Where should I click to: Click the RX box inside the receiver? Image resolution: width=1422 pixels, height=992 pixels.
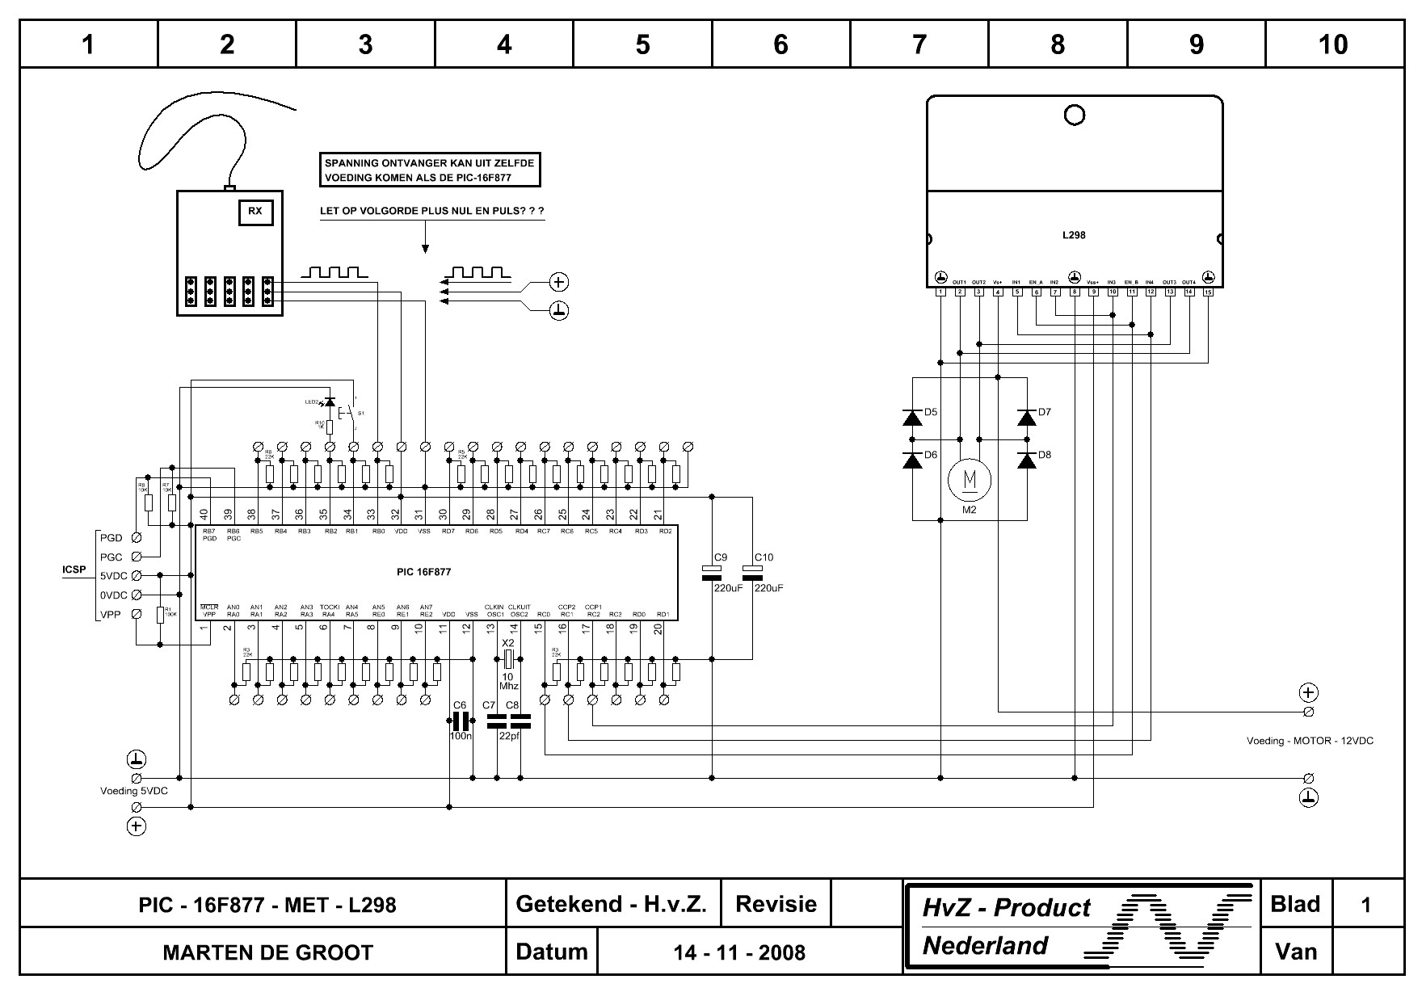point(255,212)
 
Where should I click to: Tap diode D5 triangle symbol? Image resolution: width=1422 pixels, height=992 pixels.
point(913,418)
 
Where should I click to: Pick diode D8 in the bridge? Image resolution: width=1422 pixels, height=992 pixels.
point(1027,460)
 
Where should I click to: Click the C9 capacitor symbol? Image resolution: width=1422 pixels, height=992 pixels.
point(712,573)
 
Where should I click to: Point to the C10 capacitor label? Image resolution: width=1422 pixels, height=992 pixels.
point(764,557)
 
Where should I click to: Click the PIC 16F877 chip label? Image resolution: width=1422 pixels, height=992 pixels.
point(423,572)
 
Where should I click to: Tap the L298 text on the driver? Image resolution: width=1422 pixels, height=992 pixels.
point(1074,235)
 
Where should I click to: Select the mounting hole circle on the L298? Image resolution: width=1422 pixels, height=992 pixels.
point(1075,116)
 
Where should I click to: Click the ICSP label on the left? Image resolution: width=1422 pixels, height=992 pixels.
point(74,570)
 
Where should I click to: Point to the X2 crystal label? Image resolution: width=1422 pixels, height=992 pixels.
point(508,642)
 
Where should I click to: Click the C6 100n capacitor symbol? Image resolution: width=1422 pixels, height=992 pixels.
point(460,721)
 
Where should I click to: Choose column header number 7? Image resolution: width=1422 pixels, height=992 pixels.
point(919,44)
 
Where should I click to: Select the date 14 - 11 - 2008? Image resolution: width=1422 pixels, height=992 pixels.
point(739,952)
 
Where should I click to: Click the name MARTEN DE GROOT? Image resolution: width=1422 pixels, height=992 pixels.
point(268,952)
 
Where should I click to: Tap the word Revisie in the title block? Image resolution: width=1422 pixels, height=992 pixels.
point(776,904)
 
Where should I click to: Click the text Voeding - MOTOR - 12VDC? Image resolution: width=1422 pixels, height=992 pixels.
point(1310,740)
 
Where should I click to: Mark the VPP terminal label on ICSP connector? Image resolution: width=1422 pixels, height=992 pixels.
point(111,615)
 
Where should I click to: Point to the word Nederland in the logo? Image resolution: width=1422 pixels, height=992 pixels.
point(985,945)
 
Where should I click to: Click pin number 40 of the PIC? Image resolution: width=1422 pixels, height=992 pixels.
point(204,515)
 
